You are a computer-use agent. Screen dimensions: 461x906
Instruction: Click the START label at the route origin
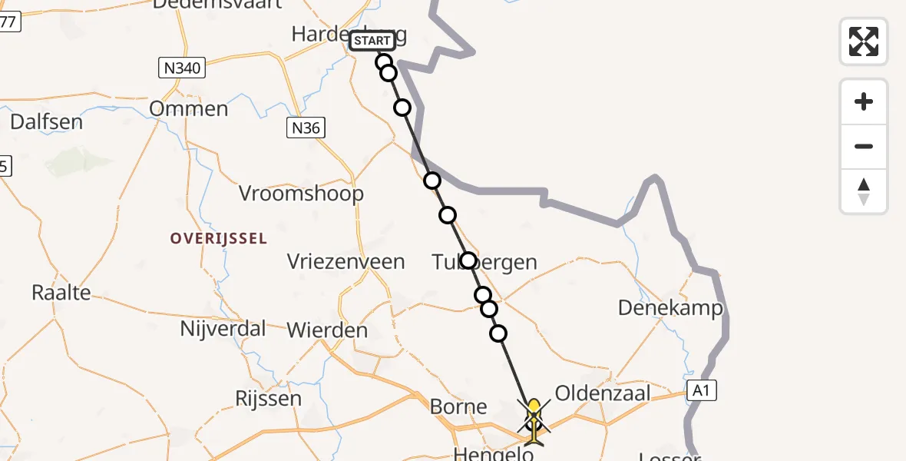[372, 41]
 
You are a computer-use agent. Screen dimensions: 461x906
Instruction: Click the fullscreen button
[864, 41]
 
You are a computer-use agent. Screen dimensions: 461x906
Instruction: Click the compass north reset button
[864, 191]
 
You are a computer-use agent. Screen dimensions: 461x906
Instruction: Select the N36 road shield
[306, 128]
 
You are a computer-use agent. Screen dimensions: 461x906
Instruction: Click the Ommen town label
[189, 108]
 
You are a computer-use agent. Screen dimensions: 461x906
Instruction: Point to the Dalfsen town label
[46, 121]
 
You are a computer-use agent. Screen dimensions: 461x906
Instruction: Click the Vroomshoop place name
[301, 194]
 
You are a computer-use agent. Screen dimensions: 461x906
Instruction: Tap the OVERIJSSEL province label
[219, 239]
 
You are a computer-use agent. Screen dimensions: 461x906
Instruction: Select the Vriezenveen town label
[346, 262]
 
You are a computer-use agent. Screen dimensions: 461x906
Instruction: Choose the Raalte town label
[61, 292]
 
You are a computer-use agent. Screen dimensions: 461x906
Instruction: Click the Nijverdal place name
[223, 329]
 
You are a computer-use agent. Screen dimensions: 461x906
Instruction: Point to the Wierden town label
[327, 330]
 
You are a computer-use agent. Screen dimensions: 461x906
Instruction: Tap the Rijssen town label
[268, 399]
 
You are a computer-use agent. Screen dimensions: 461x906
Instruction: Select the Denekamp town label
[671, 308]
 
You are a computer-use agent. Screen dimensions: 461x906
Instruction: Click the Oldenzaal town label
[603, 393]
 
